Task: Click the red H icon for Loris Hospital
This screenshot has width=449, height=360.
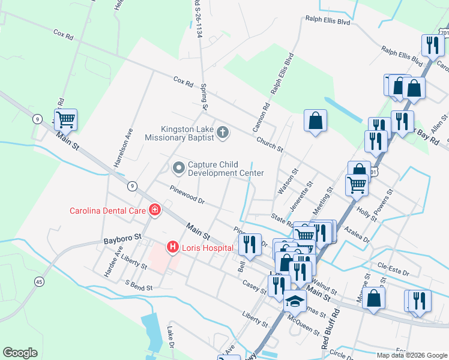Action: [x=172, y=247]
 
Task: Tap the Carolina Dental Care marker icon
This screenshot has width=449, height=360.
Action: [x=155, y=209]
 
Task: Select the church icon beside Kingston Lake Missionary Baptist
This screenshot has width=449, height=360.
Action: [x=223, y=132]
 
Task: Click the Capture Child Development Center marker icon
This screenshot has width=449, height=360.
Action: [x=178, y=167]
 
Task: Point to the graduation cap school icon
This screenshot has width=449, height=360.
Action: [x=295, y=299]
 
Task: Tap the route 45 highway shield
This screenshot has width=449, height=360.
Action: [x=40, y=281]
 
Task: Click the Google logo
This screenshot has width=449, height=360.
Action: [x=20, y=353]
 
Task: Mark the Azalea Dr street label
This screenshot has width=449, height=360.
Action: [x=357, y=235]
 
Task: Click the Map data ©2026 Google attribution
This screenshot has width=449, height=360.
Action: [x=412, y=355]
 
